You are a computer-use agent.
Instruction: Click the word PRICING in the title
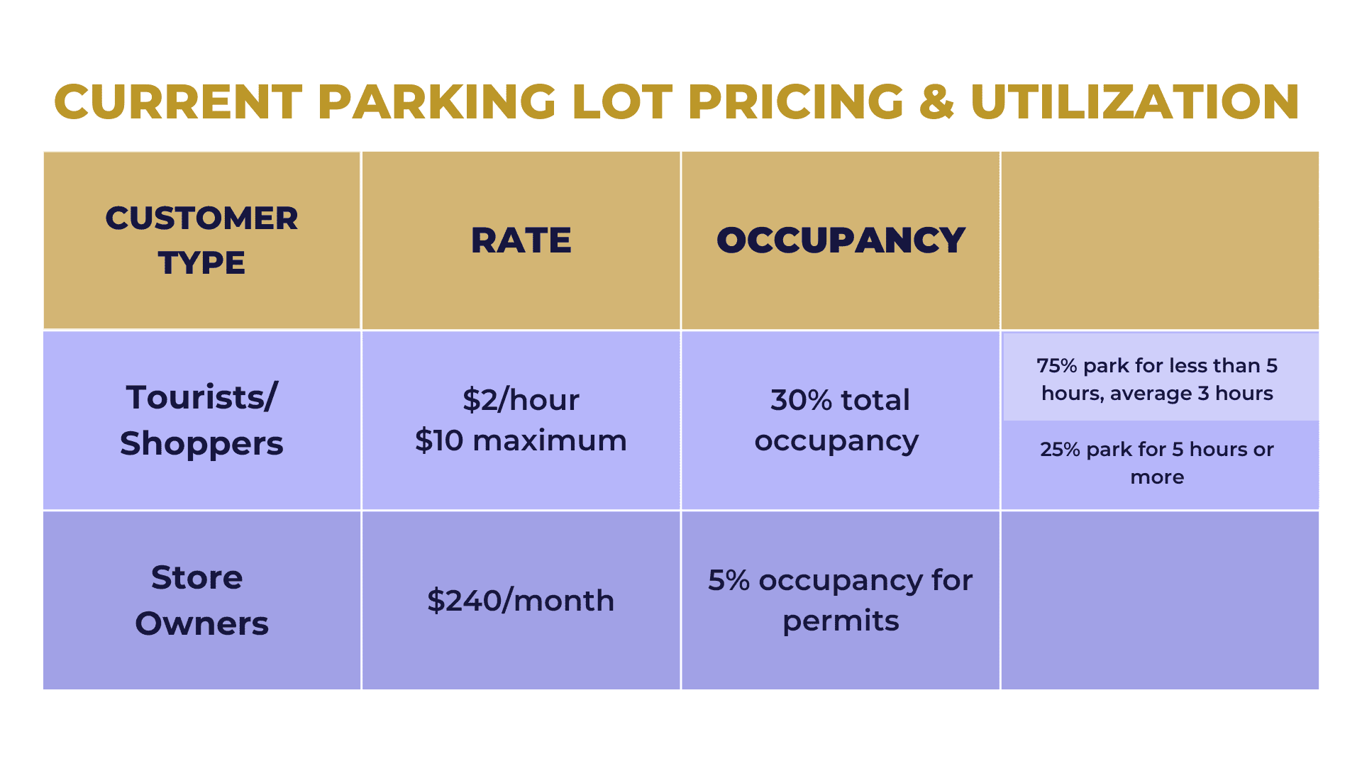(x=796, y=102)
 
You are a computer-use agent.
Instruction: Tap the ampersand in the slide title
(x=936, y=102)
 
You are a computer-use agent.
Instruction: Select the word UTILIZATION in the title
(x=1134, y=102)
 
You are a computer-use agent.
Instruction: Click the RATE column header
(x=521, y=240)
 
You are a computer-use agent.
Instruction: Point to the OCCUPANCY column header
(x=841, y=240)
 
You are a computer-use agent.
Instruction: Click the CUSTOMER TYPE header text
(x=201, y=240)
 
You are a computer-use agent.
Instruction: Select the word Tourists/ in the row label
(x=201, y=397)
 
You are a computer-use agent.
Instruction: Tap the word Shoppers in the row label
(x=201, y=444)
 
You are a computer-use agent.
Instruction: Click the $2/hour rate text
(x=521, y=400)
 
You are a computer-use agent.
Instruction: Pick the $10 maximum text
(x=521, y=440)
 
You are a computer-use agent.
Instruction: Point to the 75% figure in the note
(x=1057, y=366)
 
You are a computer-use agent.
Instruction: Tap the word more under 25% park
(x=1157, y=477)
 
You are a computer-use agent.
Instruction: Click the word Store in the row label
(x=197, y=577)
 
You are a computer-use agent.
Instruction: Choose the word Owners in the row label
(x=201, y=624)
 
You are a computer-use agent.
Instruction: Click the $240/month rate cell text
(x=521, y=601)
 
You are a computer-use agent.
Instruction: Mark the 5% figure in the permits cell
(x=729, y=581)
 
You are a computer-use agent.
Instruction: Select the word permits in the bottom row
(x=841, y=621)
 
